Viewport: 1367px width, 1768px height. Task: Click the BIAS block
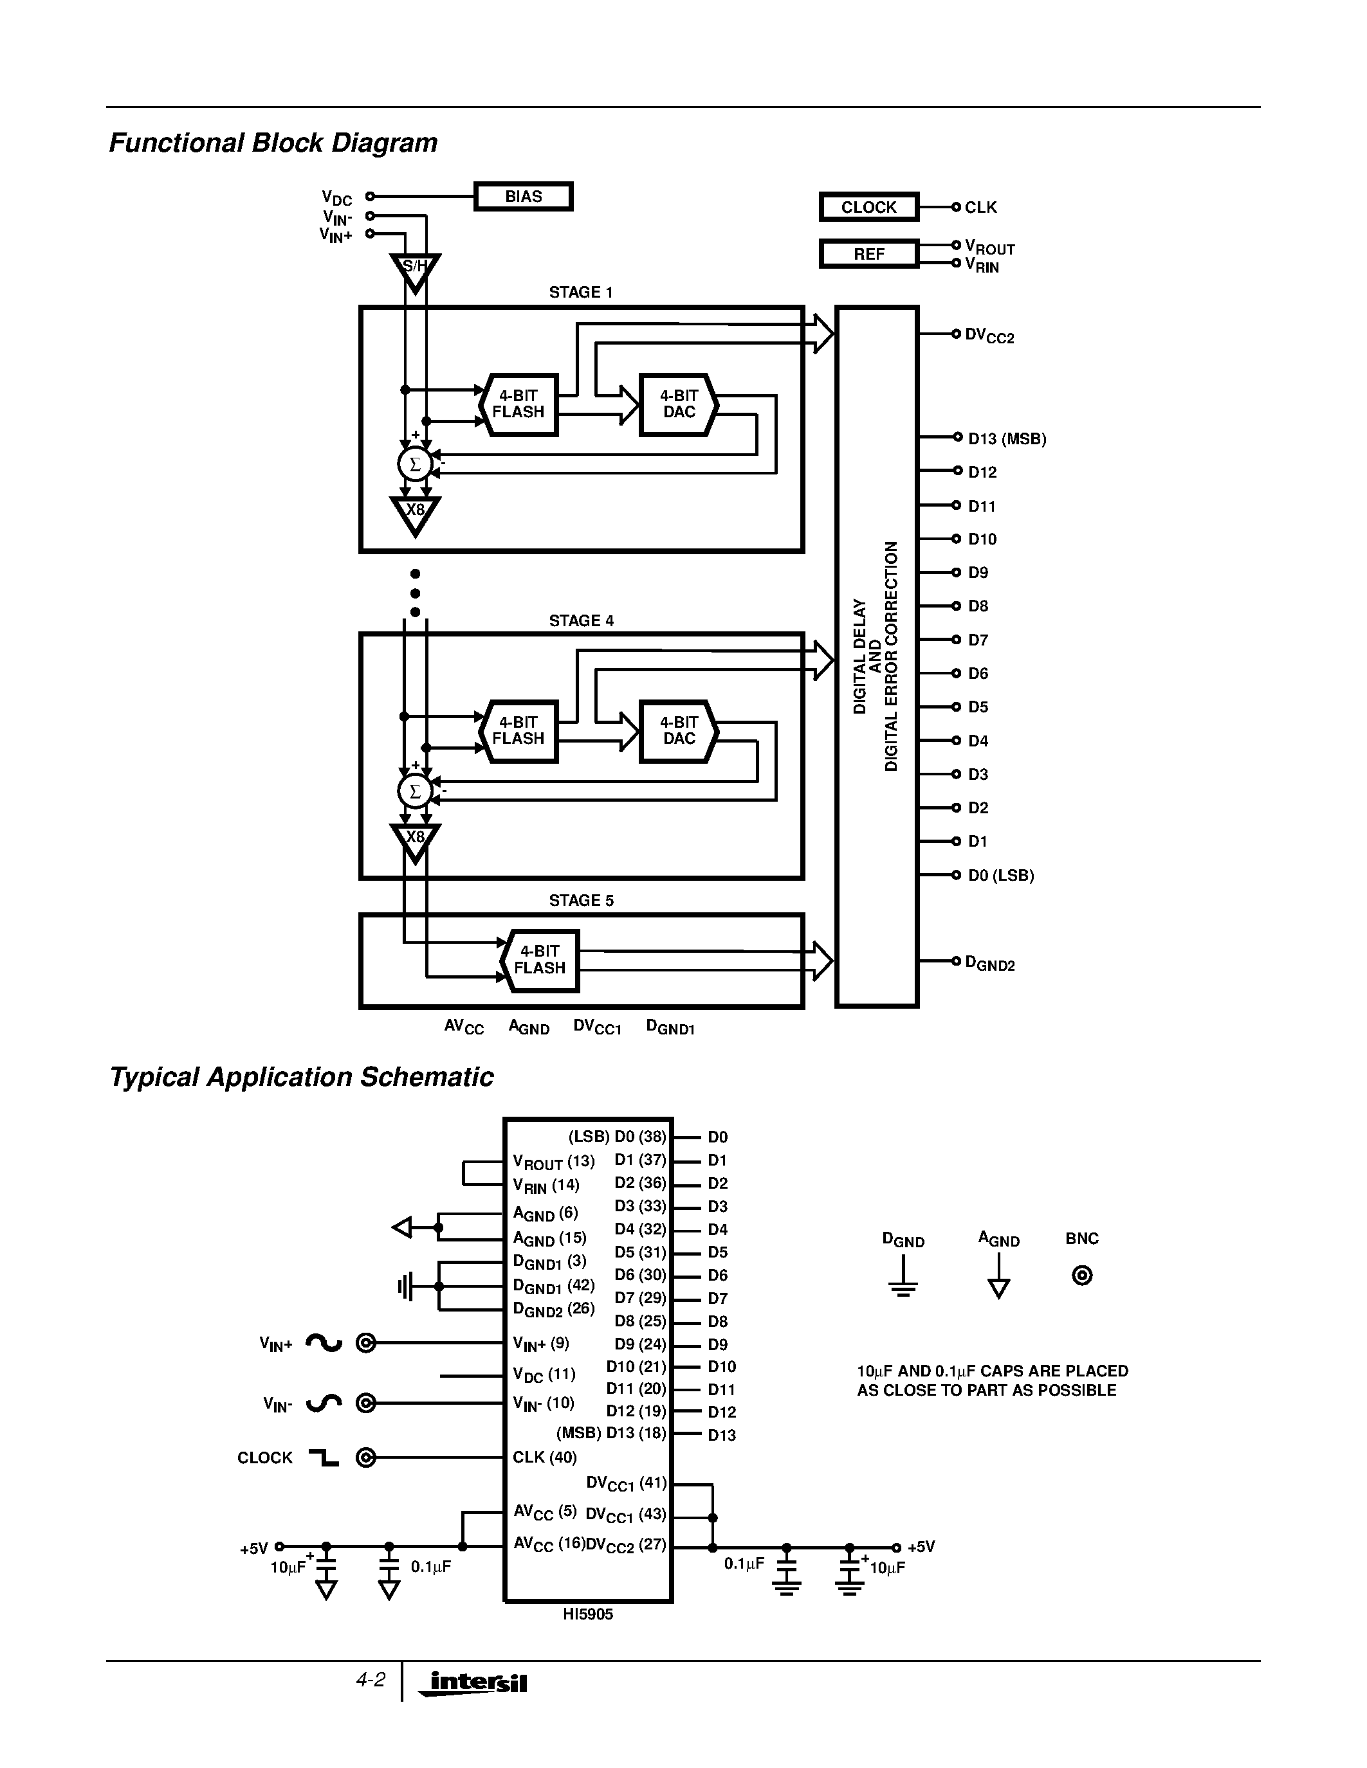[x=523, y=197]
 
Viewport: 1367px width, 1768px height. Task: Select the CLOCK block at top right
[x=868, y=207]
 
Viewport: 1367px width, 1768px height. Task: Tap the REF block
[x=868, y=254]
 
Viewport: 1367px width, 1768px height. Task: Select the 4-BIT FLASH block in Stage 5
[x=539, y=960]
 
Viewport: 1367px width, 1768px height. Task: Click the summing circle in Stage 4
[x=415, y=791]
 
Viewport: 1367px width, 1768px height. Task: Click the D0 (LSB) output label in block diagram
[x=1001, y=875]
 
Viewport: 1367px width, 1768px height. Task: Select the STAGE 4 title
[x=581, y=621]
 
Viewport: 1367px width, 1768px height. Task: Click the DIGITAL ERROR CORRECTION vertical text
[x=891, y=656]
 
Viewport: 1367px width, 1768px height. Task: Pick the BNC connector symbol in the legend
[x=1082, y=1276]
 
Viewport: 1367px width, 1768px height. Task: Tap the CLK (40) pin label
[x=544, y=1457]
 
